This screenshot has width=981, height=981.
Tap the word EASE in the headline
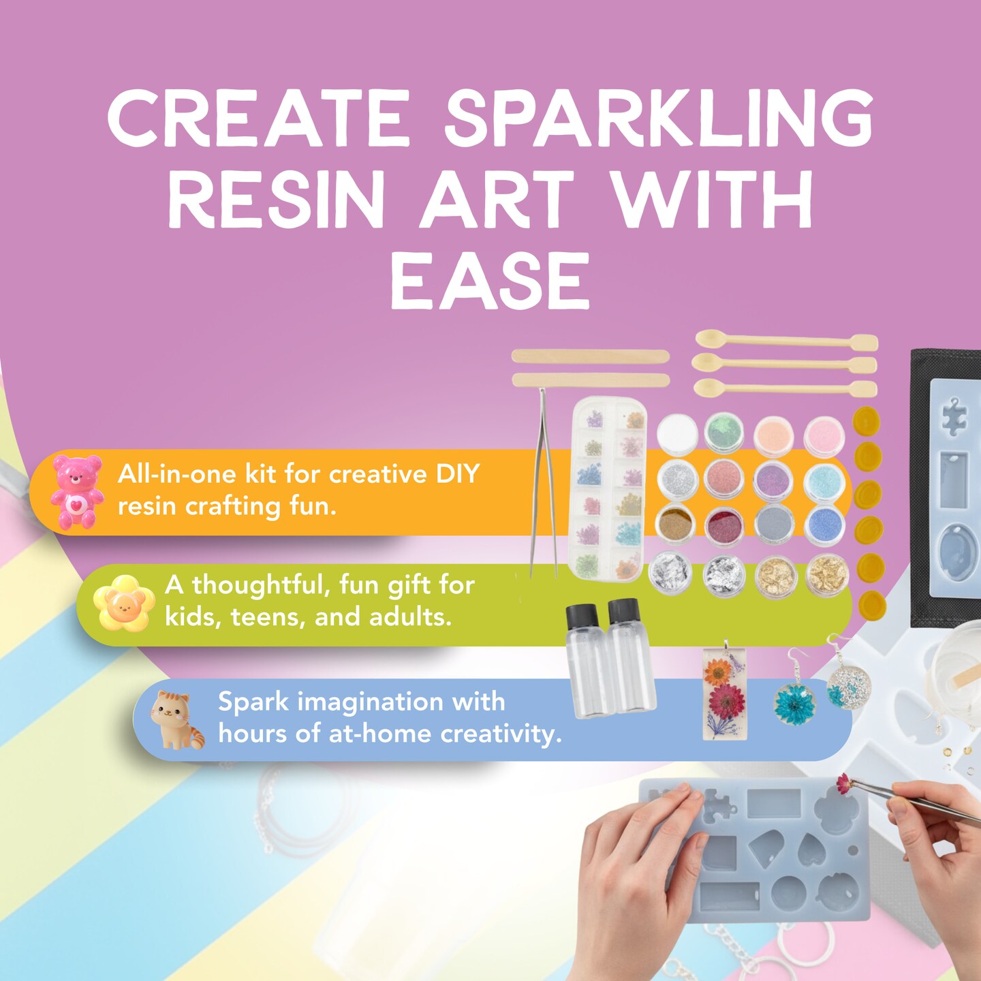(x=489, y=281)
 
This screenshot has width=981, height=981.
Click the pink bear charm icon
(x=76, y=492)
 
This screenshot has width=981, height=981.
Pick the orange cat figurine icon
(x=175, y=720)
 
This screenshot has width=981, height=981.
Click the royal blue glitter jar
(x=824, y=525)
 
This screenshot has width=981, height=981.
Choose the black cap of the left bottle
(x=582, y=617)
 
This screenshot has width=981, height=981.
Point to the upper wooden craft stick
(x=590, y=356)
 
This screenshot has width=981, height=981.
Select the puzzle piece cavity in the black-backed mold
(x=954, y=416)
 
